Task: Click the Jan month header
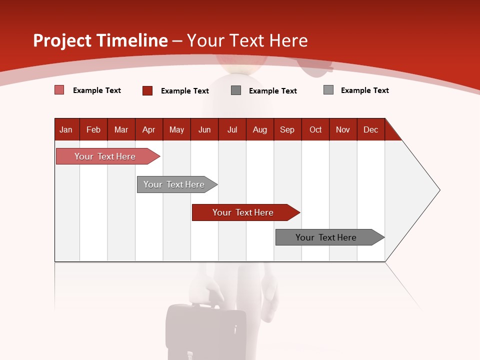pos(66,129)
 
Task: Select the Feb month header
pos(93,129)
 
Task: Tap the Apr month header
pos(149,129)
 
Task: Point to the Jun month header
pos(204,129)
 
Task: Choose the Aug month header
pos(260,129)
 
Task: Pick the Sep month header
pos(287,129)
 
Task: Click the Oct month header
pos(315,129)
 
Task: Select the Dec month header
pos(371,129)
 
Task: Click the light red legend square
pos(59,90)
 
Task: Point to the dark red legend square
pos(147,90)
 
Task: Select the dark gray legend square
pos(236,90)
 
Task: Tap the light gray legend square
pos(328,90)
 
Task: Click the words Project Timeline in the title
pos(100,40)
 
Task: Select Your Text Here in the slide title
pos(247,40)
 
